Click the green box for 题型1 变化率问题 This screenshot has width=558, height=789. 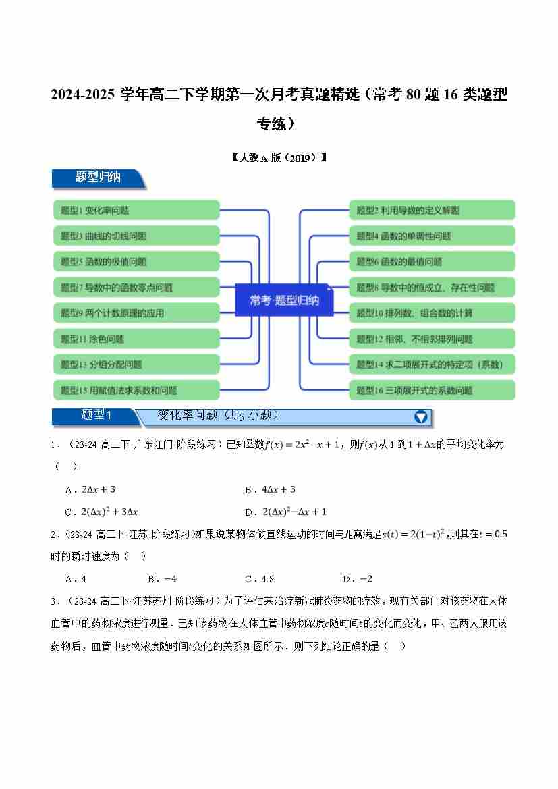tap(136, 210)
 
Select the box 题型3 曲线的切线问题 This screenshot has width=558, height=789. tap(136, 236)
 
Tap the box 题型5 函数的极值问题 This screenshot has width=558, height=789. tap(136, 261)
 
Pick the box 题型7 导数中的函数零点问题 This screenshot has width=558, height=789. tap(136, 287)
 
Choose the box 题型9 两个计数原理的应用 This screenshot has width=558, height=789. tap(136, 312)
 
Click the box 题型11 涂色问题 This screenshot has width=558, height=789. tap(136, 338)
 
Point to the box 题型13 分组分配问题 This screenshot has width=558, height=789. tap(136, 364)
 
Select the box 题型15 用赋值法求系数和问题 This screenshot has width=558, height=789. tap(136, 390)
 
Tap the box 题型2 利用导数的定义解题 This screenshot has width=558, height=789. tap(432, 210)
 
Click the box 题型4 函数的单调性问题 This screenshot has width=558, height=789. tap(432, 236)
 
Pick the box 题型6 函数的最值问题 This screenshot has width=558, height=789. tap(432, 261)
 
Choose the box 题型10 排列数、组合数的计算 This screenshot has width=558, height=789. tap(432, 312)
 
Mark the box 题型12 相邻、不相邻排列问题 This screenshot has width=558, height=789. tap(432, 338)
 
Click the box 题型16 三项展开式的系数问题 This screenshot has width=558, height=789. tap(432, 390)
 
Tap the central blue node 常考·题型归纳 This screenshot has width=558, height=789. tap(284, 300)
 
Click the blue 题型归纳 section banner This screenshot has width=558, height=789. tap(98, 178)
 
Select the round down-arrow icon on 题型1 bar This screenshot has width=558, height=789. tap(421, 417)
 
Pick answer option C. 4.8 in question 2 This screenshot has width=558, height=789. tap(259, 578)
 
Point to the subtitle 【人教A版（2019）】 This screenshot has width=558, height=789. tap(279, 157)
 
